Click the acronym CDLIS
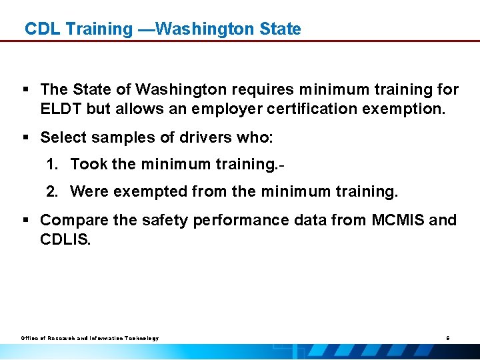coord(65,239)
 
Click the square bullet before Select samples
coord(24,138)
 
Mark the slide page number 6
coord(448,338)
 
